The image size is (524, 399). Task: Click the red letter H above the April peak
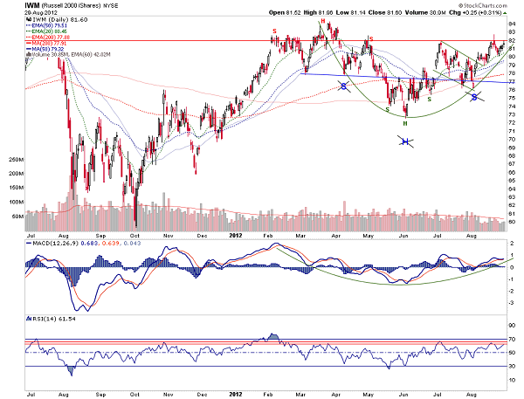(323, 20)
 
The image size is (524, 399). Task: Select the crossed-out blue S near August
(476, 97)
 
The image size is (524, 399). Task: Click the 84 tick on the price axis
(514, 23)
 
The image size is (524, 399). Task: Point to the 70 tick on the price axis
(514, 141)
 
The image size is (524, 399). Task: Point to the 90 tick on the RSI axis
(514, 324)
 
